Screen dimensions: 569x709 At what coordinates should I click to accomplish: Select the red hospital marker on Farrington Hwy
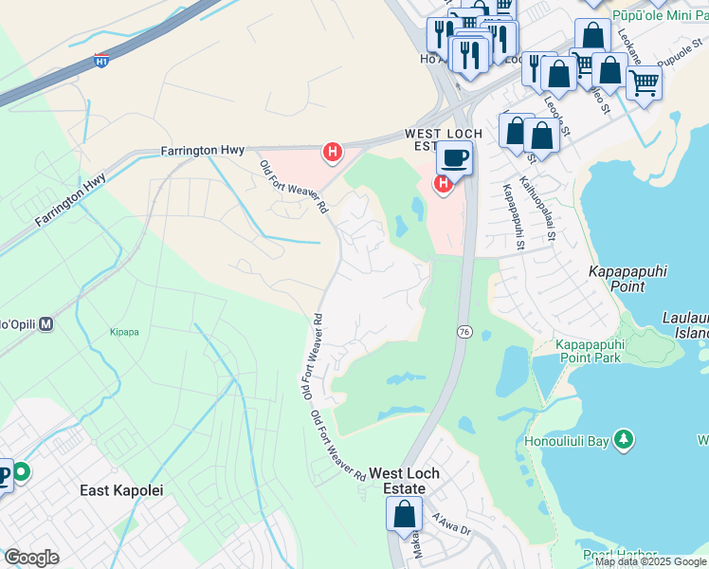332,151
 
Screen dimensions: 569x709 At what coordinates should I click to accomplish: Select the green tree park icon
624,440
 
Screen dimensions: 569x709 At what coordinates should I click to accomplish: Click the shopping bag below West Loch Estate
404,515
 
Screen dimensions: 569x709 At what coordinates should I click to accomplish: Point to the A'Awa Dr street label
451,524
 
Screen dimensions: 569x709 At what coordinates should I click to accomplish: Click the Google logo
31,558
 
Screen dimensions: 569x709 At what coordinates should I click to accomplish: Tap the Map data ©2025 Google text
651,561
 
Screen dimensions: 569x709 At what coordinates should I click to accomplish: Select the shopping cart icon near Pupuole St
644,83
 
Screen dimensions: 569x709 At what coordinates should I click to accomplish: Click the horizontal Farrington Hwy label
202,150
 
